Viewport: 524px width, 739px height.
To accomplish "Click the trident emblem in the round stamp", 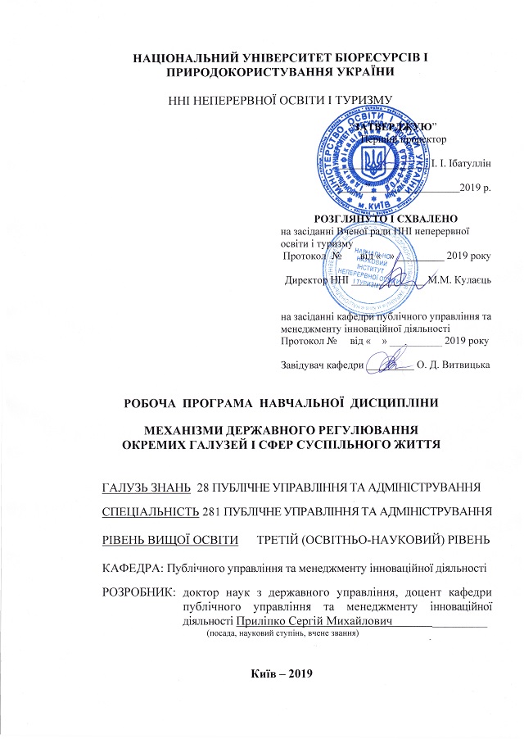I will (373, 159).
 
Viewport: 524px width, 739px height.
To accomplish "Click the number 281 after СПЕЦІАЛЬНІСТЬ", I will (211, 512).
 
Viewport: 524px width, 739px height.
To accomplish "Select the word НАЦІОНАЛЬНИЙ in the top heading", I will (183, 57).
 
